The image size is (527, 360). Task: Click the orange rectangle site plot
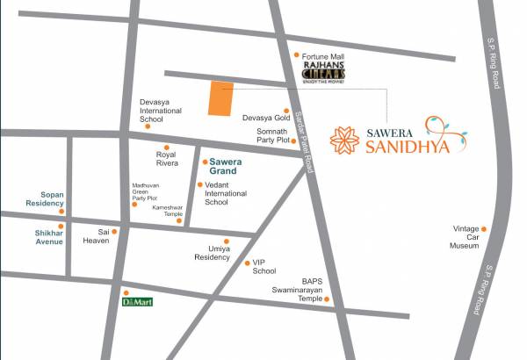point(220,99)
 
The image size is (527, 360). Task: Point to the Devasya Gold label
point(266,116)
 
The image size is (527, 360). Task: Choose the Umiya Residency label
point(212,253)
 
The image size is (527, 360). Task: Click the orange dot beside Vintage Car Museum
point(482,229)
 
